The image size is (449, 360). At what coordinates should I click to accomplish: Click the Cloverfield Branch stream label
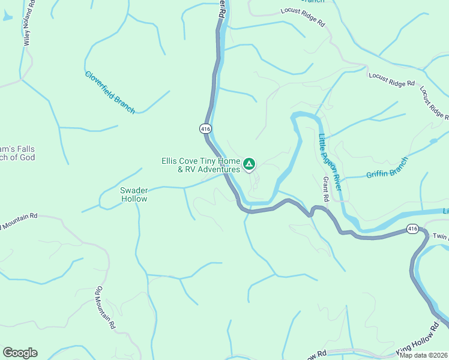point(110,92)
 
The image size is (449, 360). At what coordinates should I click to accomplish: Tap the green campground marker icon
point(249,163)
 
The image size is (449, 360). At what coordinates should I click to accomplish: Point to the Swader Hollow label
point(134,194)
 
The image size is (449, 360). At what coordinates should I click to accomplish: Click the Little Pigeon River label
point(330,162)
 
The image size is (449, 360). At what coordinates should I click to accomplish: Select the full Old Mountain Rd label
point(104,308)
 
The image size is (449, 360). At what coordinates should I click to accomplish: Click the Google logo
point(20,353)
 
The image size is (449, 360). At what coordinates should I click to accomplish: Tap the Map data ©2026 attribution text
point(423,355)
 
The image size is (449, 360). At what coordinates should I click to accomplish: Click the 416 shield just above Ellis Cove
point(205,128)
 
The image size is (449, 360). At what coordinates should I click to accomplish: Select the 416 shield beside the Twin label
point(412,229)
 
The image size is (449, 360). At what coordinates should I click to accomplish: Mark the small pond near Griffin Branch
point(433,142)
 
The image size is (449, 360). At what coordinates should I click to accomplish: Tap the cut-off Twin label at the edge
point(440,237)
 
